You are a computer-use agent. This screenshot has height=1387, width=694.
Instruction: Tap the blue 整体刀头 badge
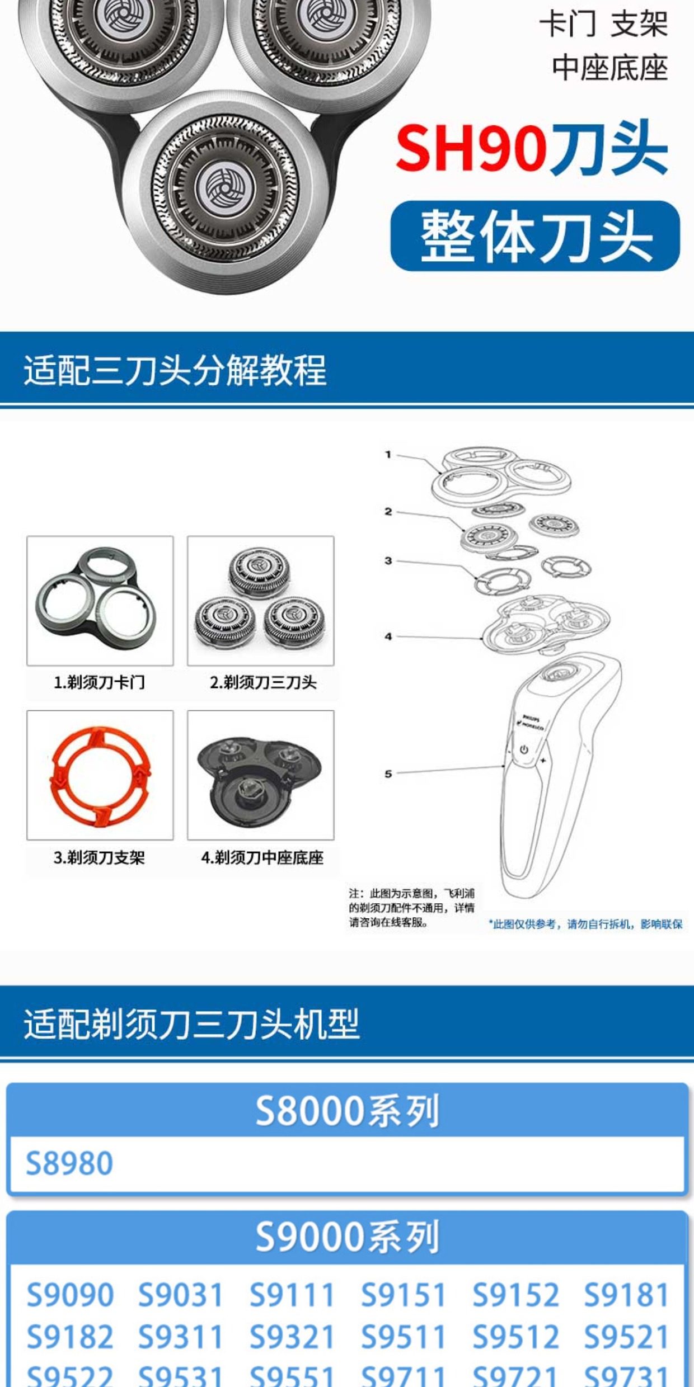[535, 236]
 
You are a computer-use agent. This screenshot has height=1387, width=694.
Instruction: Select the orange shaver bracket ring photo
[100, 775]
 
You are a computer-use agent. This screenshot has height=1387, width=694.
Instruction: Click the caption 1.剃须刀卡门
[99, 682]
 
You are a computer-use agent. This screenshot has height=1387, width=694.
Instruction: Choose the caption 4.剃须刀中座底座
[262, 857]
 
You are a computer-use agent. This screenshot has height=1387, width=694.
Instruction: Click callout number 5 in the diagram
[388, 773]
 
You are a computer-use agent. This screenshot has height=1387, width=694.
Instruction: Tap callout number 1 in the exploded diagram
[388, 455]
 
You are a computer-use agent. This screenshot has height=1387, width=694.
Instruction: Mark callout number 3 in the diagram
[388, 560]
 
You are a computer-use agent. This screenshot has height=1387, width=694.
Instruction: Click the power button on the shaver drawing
[524, 749]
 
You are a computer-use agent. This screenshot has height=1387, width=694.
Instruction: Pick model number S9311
[180, 1338]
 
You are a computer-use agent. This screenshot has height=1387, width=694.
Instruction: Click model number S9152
[515, 1295]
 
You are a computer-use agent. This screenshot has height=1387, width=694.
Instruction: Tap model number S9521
[626, 1338]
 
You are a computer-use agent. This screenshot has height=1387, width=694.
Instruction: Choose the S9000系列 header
[347, 1237]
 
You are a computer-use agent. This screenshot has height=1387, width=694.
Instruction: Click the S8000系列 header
[347, 1111]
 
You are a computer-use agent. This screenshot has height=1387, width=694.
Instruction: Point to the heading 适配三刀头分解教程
[175, 370]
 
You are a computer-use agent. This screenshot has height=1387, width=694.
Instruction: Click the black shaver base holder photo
[260, 775]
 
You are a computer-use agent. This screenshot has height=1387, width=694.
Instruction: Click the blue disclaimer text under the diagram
[585, 924]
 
